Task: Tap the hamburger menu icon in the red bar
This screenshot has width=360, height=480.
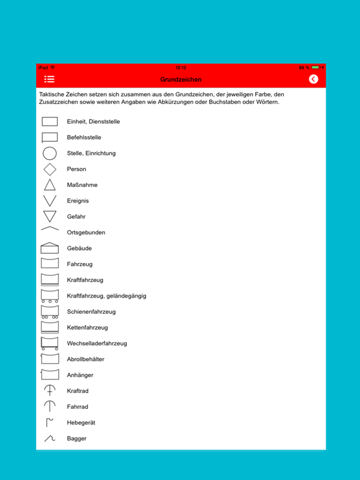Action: coord(49,79)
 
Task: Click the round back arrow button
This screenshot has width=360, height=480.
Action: coord(313,79)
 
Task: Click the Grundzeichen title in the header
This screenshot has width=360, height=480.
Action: coord(181,80)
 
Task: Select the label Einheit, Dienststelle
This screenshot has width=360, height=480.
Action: coord(93,122)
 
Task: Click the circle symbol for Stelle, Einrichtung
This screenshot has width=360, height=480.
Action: coord(50,153)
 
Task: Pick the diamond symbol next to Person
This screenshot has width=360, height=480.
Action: coord(50,169)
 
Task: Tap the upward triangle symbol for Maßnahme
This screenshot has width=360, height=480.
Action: coord(50,185)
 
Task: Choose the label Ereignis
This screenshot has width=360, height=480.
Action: coord(78,201)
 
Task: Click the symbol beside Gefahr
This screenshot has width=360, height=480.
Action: coord(50,217)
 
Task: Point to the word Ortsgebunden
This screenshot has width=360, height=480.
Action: coord(86,232)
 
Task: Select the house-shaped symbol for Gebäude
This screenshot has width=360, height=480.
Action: coord(50,248)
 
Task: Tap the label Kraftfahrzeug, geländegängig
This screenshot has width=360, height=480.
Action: coord(107,296)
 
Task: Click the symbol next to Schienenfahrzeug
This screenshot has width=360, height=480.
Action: coord(50,312)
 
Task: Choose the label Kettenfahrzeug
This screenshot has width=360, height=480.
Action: coord(87,327)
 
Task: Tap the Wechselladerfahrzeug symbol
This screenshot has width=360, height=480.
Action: coord(50,343)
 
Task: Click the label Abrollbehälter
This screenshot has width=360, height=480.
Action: coord(86,359)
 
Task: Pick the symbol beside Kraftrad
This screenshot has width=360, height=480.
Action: coord(50,391)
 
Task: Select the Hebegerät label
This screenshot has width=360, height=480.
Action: coord(81,423)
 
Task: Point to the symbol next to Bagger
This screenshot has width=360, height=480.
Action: coord(50,439)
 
